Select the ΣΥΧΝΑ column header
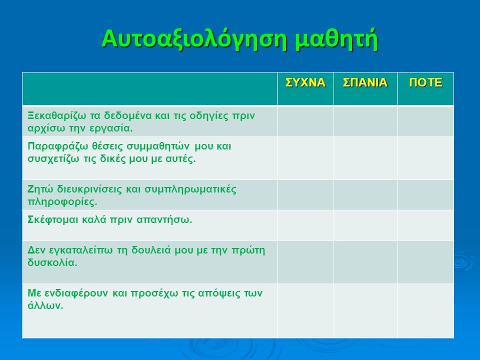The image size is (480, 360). click(305, 82)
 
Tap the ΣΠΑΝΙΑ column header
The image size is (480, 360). click(365, 82)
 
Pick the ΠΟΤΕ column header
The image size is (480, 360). click(425, 82)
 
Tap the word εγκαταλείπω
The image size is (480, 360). click(79, 250)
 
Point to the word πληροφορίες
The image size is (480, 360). click(62, 202)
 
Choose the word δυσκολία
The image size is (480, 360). click(52, 262)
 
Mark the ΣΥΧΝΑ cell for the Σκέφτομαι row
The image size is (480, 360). click(305, 225)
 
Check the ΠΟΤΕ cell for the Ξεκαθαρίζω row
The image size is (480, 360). click(425, 121)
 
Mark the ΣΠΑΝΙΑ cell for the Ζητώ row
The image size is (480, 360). click(365, 194)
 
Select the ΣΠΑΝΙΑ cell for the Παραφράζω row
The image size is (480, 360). click(365, 158)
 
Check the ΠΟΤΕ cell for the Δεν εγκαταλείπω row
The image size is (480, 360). click(425, 262)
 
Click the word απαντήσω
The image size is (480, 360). click(164, 220)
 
